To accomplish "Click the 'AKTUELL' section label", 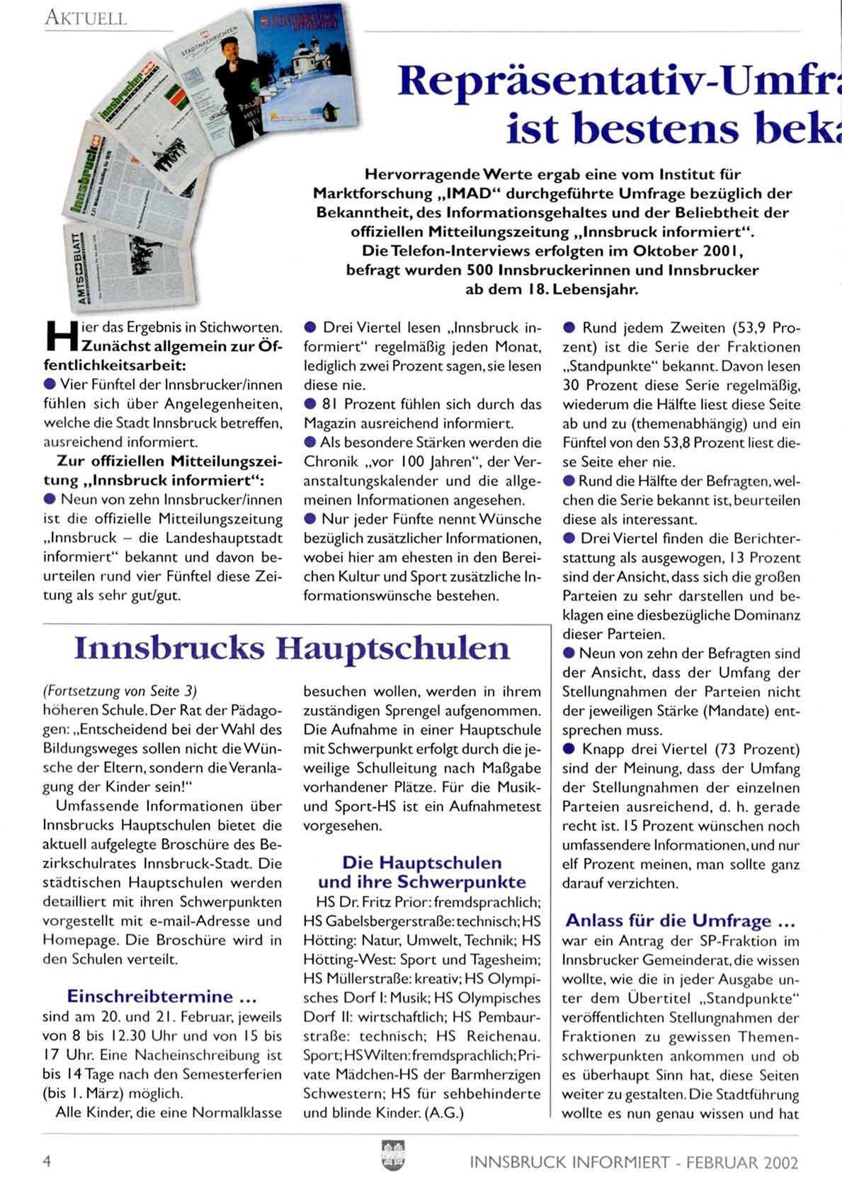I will [86, 18].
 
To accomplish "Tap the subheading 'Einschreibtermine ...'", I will [161, 996].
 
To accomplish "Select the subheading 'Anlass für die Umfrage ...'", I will [680, 920].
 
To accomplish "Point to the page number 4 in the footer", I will [47, 1161].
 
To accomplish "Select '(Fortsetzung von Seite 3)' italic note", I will [120, 691].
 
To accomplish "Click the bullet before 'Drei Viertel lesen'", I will [309, 328].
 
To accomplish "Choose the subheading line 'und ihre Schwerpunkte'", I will [422, 882].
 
